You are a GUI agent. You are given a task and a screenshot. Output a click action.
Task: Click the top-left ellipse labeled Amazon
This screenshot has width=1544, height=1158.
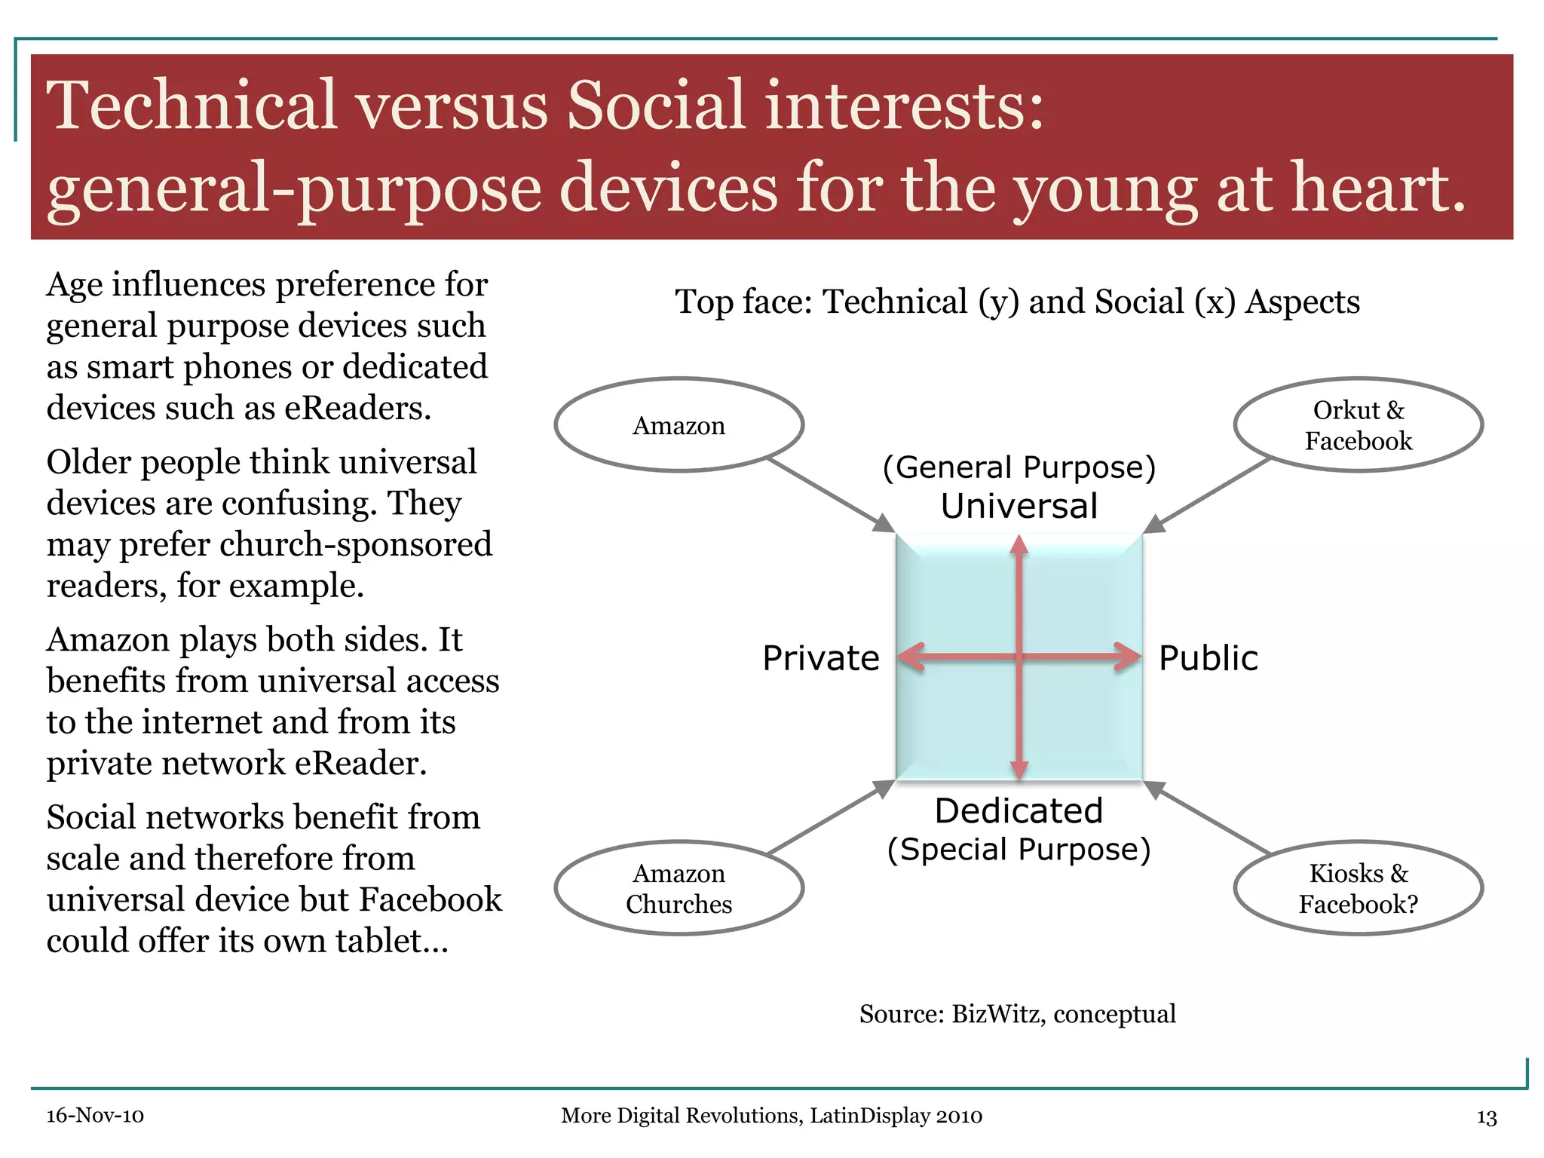[679, 425]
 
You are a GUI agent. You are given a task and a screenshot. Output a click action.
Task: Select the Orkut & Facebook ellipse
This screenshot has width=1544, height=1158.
[1358, 425]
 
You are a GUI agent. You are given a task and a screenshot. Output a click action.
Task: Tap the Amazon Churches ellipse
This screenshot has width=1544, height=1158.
[679, 888]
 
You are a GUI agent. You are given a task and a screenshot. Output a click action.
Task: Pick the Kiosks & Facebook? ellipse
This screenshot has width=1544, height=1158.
[1358, 888]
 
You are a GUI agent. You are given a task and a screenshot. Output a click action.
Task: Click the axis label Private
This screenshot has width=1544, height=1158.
[820, 658]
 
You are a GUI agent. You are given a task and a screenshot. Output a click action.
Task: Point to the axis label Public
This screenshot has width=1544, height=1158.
[1208, 658]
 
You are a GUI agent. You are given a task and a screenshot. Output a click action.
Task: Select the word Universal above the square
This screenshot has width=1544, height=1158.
[1019, 506]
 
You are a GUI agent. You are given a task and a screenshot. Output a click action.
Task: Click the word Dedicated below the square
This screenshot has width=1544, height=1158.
[1019, 811]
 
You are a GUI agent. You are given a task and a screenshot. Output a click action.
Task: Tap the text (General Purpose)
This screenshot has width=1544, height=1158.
[1019, 468]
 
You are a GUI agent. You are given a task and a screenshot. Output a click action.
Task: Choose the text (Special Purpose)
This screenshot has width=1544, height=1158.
[1019, 850]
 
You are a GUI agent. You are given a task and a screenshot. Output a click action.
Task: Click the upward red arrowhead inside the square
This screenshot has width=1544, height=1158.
[1019, 544]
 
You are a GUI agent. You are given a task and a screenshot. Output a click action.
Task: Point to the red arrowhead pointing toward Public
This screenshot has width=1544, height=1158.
[1130, 657]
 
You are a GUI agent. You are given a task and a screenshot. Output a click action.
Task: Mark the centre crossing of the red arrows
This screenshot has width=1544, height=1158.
[1019, 657]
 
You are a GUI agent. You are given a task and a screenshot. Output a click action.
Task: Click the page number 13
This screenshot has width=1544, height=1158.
[1486, 1117]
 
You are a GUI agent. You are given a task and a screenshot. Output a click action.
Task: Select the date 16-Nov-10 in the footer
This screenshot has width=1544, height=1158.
[95, 1116]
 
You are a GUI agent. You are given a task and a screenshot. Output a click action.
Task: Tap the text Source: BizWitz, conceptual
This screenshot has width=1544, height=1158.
[1017, 1014]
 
